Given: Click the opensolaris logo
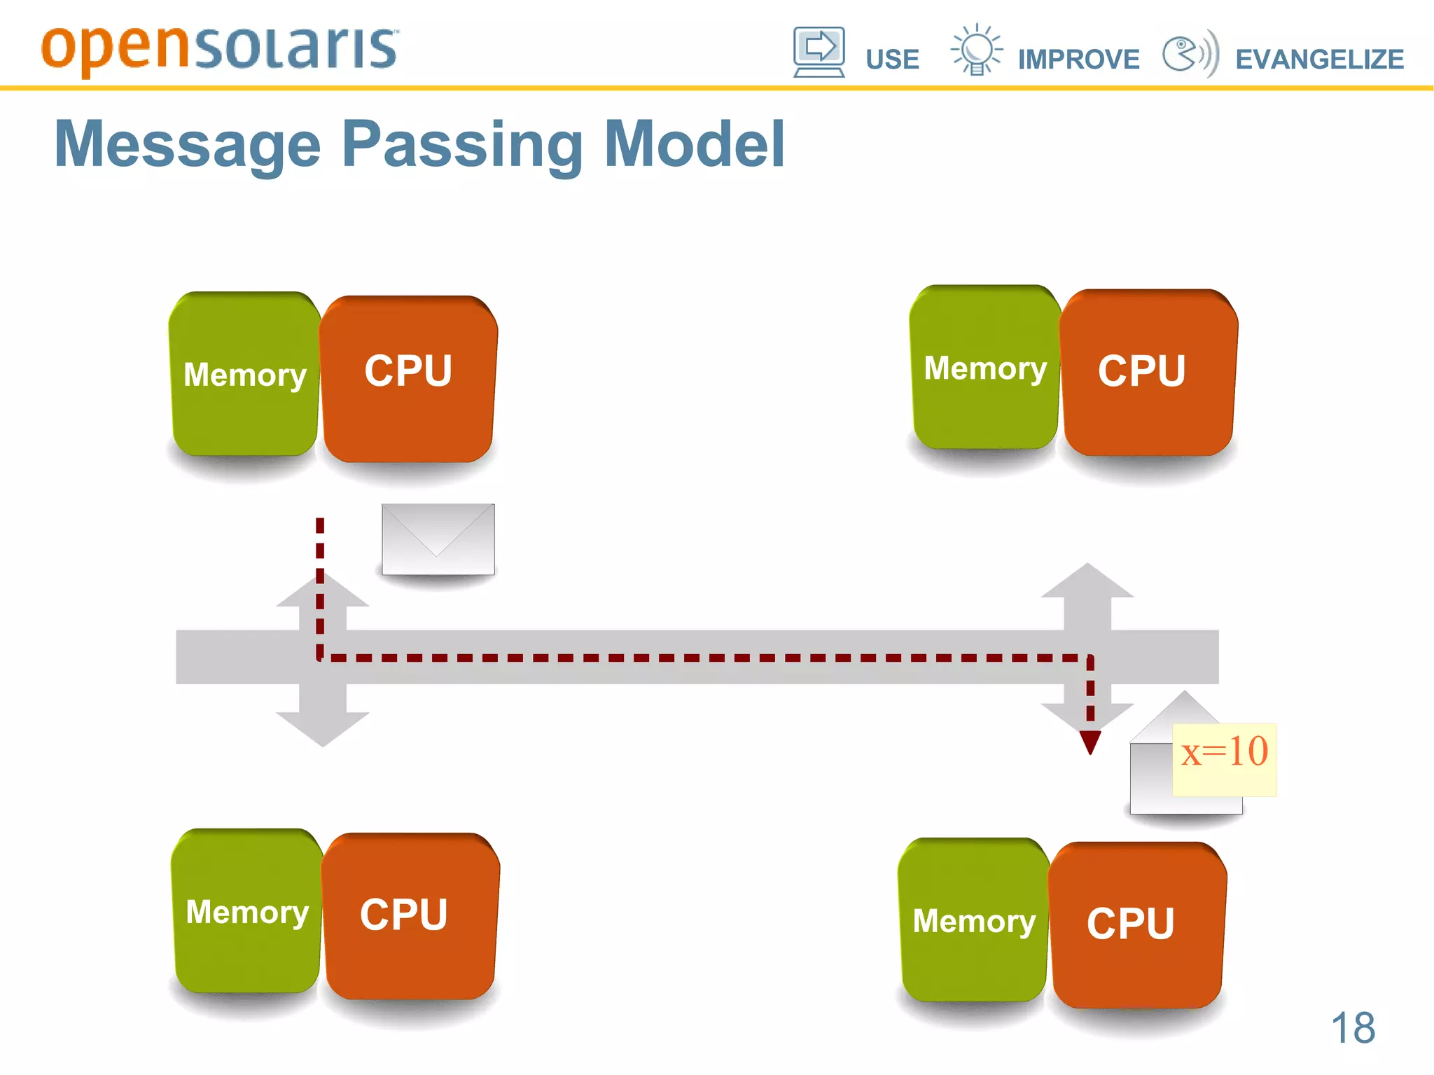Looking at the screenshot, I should pyautogui.click(x=219, y=49).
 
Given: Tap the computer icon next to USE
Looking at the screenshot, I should pyautogui.click(x=819, y=51).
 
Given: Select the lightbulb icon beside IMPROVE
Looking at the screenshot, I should pyautogui.click(x=976, y=50).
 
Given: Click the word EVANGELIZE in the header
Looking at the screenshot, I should pyautogui.click(x=1319, y=60).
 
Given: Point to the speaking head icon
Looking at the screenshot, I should pyautogui.click(x=1190, y=53).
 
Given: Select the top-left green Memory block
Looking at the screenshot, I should pyautogui.click(x=244, y=375).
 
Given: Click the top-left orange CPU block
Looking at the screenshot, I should pyautogui.click(x=408, y=378).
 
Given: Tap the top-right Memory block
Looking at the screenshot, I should pyautogui.click(x=984, y=368).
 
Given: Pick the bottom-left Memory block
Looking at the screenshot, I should pyautogui.click(x=246, y=911).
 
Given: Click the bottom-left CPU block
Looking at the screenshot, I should pyautogui.click(x=410, y=915).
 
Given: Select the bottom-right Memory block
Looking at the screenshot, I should pyautogui.click(x=973, y=920).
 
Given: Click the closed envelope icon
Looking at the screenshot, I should pyautogui.click(x=438, y=539).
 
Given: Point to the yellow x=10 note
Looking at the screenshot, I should pyautogui.click(x=1224, y=759).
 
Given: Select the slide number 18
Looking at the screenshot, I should pyautogui.click(x=1352, y=1028).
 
